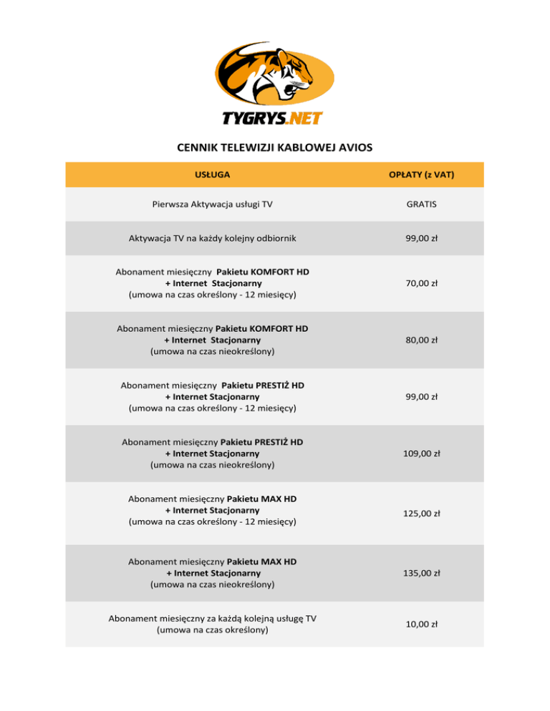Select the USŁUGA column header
coord(212,175)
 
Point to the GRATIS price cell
coord(421,204)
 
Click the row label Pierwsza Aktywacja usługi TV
coord(212,204)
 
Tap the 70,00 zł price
coord(421,283)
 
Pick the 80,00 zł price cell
coord(421,340)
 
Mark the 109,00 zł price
coord(421,453)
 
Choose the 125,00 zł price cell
coord(421,513)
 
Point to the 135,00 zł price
coord(421,572)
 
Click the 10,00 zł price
coord(421,624)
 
